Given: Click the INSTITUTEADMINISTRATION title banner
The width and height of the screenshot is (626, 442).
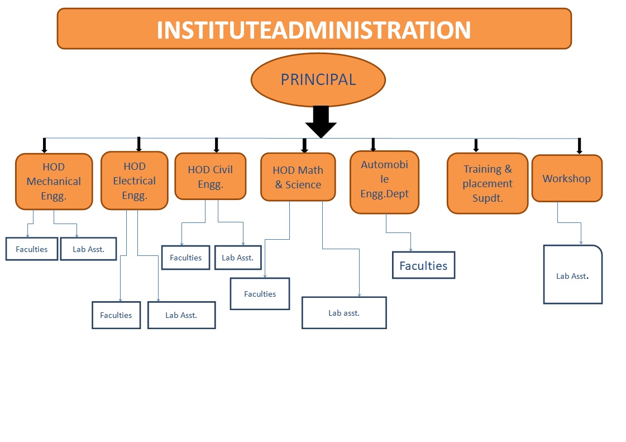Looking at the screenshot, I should (x=314, y=28).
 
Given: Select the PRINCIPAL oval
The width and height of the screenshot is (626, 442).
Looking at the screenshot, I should (x=318, y=80).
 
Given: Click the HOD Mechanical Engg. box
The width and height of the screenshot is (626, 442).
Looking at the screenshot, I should (x=54, y=182).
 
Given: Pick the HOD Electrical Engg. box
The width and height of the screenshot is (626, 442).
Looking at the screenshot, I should (x=134, y=180).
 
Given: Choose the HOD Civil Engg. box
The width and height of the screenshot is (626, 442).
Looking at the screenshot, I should (x=210, y=177).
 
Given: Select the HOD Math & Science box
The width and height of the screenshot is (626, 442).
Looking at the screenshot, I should (x=298, y=177).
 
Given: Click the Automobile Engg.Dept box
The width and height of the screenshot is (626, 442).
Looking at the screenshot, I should (x=384, y=182).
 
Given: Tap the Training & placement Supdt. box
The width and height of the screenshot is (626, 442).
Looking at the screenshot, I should (x=487, y=183).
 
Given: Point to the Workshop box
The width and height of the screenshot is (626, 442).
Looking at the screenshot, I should (x=566, y=179).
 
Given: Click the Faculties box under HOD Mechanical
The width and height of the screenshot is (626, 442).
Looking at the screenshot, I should (x=32, y=249).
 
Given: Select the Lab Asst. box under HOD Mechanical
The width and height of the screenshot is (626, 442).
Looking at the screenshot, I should (x=88, y=249).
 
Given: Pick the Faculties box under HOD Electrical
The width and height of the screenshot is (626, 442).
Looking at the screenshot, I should (x=116, y=315).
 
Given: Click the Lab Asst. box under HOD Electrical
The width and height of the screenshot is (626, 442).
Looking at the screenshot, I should (x=181, y=315).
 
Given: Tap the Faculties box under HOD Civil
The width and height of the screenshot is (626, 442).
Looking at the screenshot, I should (x=185, y=258).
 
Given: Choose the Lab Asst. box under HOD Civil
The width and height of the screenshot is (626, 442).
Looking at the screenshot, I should (x=237, y=258).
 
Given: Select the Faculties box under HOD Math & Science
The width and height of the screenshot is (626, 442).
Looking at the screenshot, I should (x=260, y=294).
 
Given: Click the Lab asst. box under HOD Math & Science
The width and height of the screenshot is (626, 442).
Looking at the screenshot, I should (x=344, y=313).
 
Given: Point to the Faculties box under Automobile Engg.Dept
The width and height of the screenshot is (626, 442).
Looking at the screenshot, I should (x=423, y=265).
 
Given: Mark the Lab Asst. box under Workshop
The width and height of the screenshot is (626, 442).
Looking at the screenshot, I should (x=572, y=275).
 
